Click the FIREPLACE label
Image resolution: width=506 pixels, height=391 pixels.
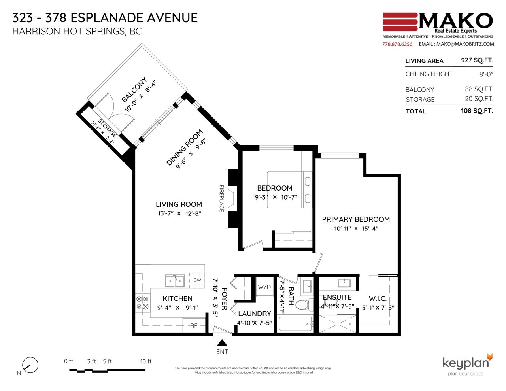(221, 198)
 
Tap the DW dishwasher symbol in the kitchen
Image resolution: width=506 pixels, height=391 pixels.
(197, 280)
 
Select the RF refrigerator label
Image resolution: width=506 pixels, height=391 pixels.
(194, 325)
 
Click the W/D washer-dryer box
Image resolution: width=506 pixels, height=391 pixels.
(264, 287)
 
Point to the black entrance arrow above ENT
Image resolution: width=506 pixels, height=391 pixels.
(222, 342)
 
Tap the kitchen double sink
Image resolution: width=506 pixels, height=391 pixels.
(175, 281)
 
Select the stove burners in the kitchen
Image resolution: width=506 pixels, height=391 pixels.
(142, 303)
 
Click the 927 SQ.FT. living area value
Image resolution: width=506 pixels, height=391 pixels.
(477, 60)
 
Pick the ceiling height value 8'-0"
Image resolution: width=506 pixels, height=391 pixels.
(486, 74)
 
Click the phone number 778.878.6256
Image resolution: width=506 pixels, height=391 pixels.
(397, 44)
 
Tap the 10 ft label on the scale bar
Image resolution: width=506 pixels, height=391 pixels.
(146, 361)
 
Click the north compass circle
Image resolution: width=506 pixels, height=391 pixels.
(30, 365)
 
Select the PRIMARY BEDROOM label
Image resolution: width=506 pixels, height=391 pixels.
(355, 219)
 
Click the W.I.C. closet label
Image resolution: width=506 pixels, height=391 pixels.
(378, 298)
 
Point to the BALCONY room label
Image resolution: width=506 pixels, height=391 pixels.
(134, 90)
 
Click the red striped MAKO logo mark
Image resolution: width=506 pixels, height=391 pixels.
(400, 22)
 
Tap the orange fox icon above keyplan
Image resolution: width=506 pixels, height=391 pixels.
(490, 357)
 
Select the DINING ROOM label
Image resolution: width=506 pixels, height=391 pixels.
(185, 147)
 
